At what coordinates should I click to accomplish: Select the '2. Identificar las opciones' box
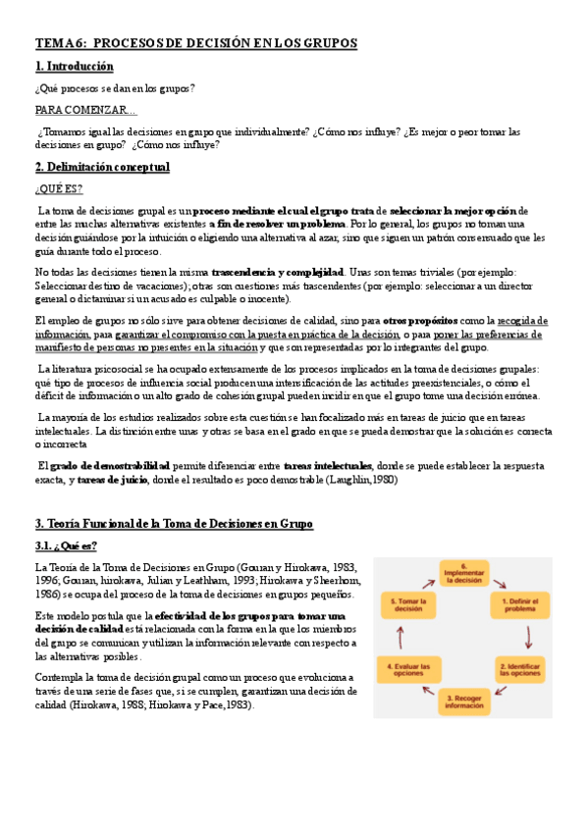point(519,669)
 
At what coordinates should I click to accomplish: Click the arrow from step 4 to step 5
point(408,635)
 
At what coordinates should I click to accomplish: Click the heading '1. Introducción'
point(74,67)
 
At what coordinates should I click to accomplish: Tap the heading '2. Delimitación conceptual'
point(102,168)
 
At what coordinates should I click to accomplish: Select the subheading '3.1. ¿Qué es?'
point(66,546)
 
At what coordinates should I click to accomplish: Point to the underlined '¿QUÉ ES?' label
point(59,189)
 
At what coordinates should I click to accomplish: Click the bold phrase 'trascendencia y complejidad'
point(277,271)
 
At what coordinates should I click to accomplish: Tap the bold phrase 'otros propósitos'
point(420,321)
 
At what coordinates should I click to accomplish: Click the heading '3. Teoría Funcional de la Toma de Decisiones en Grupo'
point(173,524)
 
